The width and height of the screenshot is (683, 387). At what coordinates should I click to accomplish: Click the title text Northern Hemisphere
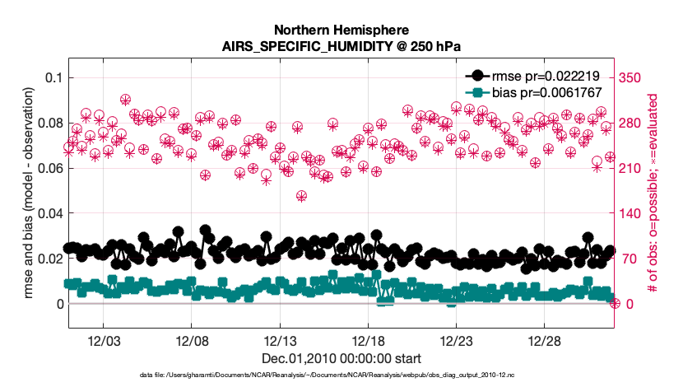tap(341, 28)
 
